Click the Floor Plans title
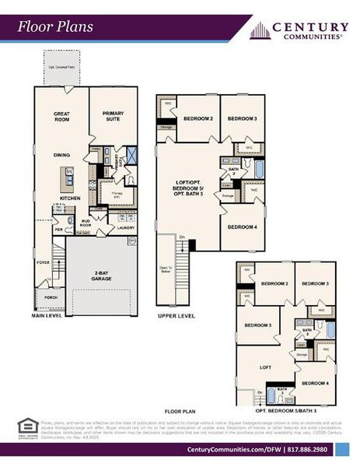pos(56,26)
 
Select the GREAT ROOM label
pos(62,118)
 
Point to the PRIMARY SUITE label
pos(114,118)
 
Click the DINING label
pos(62,155)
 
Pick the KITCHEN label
pos(70,198)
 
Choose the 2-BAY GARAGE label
pos(100,276)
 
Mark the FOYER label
pos(43,262)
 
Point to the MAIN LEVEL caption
pos(47,316)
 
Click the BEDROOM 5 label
pos(257,325)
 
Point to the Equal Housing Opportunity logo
pos(27,425)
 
